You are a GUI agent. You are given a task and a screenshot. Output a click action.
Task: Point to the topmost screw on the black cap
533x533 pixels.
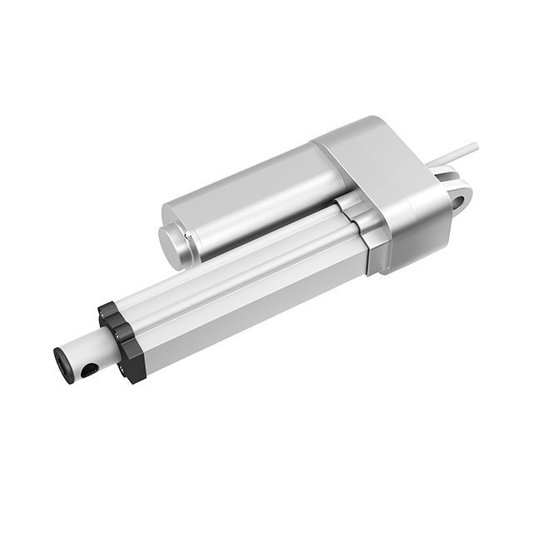point(108,309)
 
